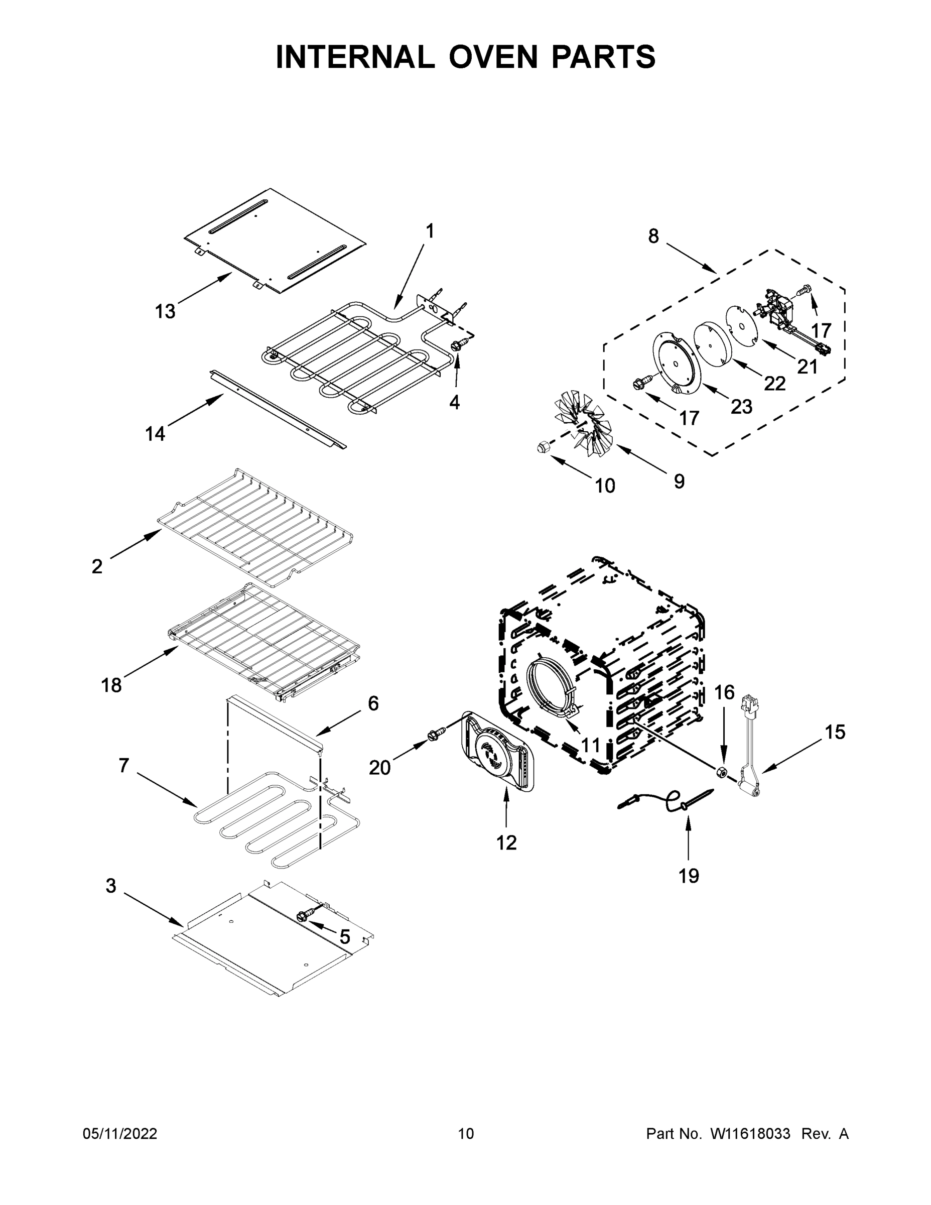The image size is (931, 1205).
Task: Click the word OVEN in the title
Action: tap(492, 57)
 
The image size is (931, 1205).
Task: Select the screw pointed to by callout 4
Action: tap(457, 345)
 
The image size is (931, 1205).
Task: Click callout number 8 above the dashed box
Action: tap(653, 236)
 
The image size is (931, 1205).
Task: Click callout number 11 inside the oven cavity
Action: tap(590, 746)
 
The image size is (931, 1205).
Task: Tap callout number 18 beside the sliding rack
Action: tap(111, 686)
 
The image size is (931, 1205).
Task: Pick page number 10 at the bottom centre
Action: tap(466, 1134)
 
